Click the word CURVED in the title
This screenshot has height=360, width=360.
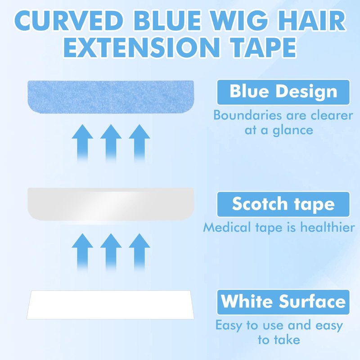point(69,21)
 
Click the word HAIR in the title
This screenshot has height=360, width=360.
point(311,21)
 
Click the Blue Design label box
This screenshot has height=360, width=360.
point(283,92)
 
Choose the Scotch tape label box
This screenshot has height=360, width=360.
point(283,204)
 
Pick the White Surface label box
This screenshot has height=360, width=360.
point(283,302)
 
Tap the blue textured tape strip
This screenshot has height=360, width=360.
point(111,97)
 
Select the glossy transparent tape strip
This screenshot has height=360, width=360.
point(111,204)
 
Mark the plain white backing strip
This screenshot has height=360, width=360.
point(110,305)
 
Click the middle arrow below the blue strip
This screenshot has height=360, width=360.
point(111,143)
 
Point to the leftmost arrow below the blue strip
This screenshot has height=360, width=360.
point(82,143)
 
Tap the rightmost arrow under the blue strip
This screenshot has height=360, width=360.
point(139,143)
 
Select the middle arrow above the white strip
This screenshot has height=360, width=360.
point(111,252)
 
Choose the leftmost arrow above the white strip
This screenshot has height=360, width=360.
point(82,252)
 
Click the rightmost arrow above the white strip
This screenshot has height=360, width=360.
point(139,252)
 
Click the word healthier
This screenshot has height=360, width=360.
point(328,227)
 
